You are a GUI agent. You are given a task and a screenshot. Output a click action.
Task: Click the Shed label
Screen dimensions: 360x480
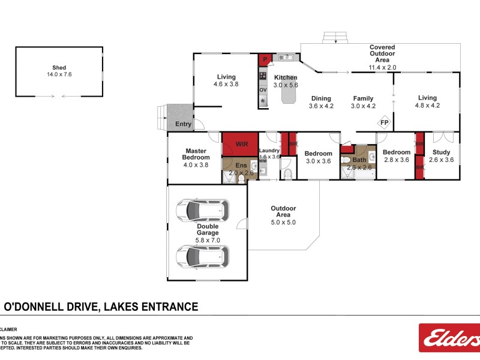[58, 71]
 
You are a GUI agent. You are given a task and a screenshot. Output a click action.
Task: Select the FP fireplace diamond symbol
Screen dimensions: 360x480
[384, 123]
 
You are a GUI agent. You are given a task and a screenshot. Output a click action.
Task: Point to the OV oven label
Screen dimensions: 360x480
[263, 90]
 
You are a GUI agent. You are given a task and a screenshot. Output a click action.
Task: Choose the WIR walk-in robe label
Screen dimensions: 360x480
[241, 145]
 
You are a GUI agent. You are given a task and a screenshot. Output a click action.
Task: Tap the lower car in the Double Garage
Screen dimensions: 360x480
[202, 256]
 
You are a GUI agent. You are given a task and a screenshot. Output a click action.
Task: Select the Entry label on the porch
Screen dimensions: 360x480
[183, 124]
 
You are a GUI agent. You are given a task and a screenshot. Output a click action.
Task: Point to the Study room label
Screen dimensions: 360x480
[441, 152]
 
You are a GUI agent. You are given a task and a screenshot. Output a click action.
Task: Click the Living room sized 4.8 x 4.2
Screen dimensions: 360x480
[427, 101]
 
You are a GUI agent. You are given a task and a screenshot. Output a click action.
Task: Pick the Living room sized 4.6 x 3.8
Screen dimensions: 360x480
[226, 80]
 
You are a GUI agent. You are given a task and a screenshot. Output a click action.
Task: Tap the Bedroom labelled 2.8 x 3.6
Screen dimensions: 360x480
[396, 156]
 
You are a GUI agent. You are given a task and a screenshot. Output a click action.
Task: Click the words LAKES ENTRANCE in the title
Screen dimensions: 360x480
[151, 307]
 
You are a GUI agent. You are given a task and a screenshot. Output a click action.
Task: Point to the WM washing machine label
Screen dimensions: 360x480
[263, 161]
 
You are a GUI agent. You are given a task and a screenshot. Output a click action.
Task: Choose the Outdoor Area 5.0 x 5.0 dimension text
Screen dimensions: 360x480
[283, 222]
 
